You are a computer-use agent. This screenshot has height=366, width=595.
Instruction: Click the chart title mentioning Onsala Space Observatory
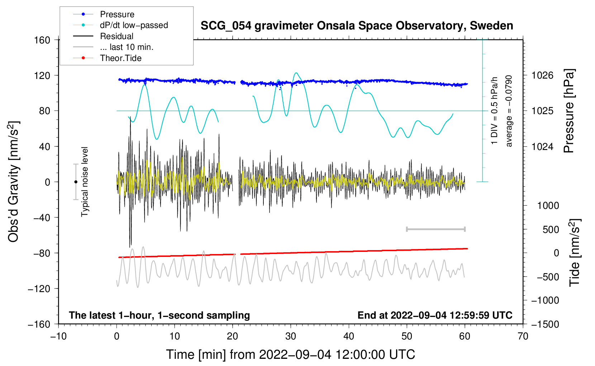[x=357, y=26]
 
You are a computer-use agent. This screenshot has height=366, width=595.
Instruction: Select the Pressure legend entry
[x=117, y=14]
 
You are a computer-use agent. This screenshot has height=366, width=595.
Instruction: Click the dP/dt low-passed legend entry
[x=134, y=25]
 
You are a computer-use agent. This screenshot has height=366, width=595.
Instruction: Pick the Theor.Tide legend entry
[x=120, y=58]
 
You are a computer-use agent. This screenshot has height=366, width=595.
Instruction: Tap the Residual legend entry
[x=116, y=36]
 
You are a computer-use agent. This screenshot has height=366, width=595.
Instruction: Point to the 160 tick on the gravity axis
[x=42, y=40]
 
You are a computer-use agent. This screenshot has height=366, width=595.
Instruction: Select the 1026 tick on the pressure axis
[x=542, y=75]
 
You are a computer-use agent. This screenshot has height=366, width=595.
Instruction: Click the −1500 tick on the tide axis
[x=545, y=324]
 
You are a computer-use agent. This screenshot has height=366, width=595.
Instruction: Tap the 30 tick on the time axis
[x=291, y=336]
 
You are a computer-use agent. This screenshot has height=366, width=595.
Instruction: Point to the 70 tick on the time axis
[x=523, y=336]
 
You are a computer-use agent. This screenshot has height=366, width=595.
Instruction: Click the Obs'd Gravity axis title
[x=14, y=182]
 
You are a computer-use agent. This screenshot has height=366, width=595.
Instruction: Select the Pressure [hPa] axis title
[x=569, y=111]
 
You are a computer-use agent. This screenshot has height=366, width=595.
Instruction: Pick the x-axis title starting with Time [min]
[x=290, y=355]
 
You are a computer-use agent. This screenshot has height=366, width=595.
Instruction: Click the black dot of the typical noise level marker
[x=76, y=182]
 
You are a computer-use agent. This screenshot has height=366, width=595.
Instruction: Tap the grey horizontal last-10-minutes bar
[x=435, y=229]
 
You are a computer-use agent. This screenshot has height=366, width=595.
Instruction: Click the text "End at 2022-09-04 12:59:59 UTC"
[x=435, y=315]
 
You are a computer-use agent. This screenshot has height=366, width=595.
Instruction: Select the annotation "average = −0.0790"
[x=509, y=111]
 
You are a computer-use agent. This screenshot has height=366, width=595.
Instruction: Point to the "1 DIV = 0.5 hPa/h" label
[x=495, y=111]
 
